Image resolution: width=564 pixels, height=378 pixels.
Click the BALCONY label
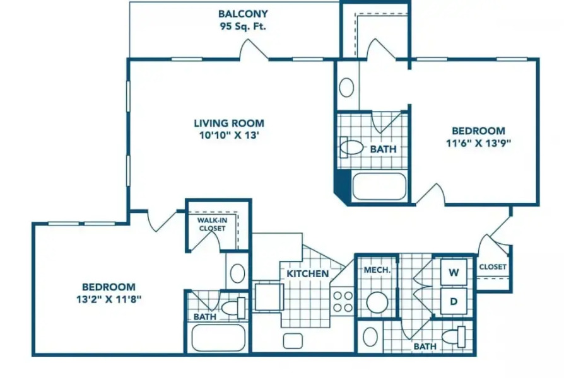(243, 14)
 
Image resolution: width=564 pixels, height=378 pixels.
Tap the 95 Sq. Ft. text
(243, 26)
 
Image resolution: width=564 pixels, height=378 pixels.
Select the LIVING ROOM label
(229, 123)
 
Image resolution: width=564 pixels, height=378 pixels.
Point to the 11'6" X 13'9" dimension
(478, 143)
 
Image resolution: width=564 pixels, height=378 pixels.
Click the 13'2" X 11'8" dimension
(109, 299)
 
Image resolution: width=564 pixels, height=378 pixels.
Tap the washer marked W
(454, 272)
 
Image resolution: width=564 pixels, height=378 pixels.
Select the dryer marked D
(454, 301)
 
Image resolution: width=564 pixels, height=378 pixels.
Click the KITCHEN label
(308, 274)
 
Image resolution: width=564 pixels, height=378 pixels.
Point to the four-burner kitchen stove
(343, 302)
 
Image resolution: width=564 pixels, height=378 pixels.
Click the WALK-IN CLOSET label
(212, 224)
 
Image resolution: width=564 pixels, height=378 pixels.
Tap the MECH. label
(377, 270)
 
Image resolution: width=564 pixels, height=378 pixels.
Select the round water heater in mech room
(377, 302)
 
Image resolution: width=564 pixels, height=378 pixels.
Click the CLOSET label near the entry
(493, 267)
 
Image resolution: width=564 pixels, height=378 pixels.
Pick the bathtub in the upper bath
(380, 186)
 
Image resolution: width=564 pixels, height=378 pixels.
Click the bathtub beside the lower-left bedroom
(218, 338)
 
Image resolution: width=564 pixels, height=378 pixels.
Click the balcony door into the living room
(254, 50)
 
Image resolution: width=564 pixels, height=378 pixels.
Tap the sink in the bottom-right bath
(370, 336)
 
